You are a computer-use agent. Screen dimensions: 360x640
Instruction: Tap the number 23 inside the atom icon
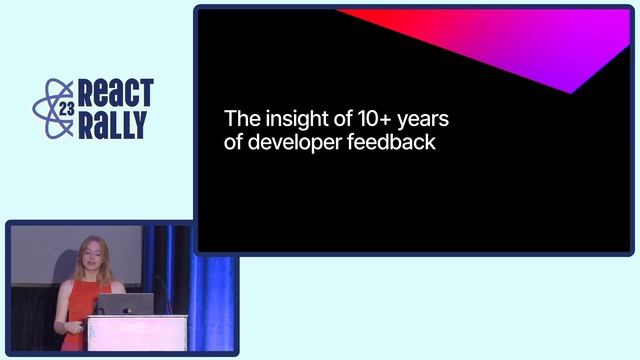[x=66, y=109]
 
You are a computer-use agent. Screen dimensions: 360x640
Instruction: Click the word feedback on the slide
[x=391, y=142]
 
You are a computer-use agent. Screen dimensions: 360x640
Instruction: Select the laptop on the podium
[x=125, y=304]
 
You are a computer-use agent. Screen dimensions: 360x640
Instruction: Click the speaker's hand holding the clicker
[x=66, y=327]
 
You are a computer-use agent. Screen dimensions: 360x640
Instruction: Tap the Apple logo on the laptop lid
[x=125, y=304]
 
